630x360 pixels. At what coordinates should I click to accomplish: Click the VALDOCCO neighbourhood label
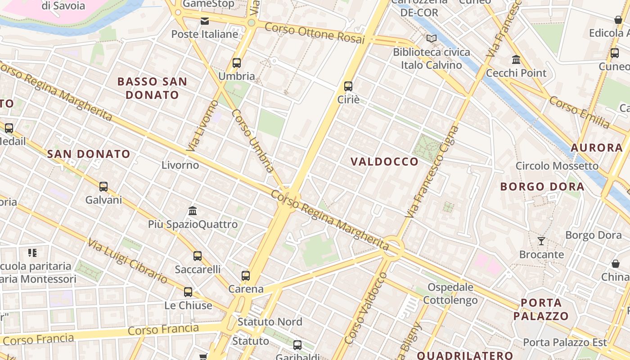384,162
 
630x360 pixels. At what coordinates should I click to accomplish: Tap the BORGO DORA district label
542,186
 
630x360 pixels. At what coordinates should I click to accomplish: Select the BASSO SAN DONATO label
152,88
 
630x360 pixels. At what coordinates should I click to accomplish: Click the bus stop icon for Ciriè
348,86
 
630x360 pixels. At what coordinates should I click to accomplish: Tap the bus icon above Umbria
237,63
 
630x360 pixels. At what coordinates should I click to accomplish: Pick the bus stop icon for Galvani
103,187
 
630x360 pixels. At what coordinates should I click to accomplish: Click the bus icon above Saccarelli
197,256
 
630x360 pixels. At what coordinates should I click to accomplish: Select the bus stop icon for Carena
245,276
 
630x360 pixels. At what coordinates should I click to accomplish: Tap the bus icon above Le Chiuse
188,292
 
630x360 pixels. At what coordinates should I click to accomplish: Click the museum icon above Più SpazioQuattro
193,211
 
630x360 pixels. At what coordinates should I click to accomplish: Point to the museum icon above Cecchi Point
516,59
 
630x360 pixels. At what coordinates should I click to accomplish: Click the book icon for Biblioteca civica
432,39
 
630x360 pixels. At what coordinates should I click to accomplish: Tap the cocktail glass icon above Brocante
541,241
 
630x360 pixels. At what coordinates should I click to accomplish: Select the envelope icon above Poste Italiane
205,21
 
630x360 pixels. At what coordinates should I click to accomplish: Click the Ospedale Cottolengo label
450,293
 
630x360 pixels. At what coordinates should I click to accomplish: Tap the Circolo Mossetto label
557,166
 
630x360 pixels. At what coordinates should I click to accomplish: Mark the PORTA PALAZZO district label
541,309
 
